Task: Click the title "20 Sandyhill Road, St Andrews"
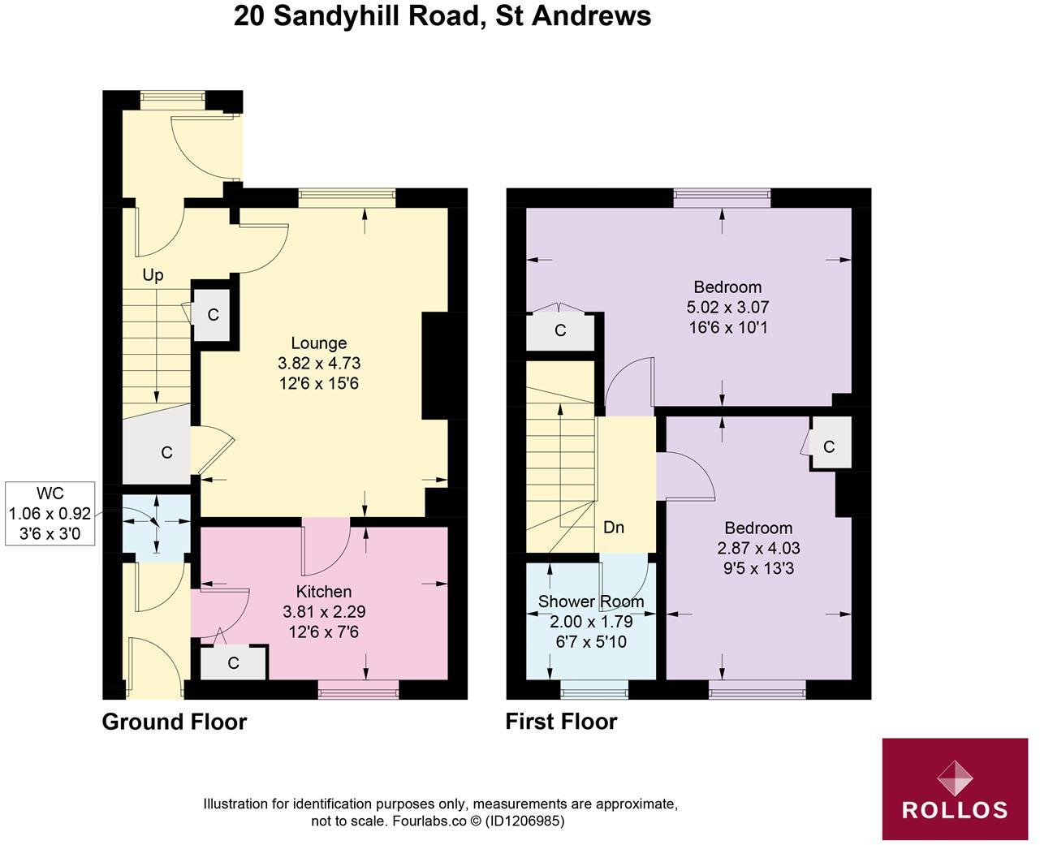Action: (442, 15)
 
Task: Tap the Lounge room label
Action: (319, 343)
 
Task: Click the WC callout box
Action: (50, 513)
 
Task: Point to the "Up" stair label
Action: (153, 275)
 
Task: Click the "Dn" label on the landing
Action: (614, 527)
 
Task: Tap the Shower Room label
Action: (591, 601)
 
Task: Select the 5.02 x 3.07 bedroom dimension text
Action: (727, 308)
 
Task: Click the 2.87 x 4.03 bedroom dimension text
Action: (759, 548)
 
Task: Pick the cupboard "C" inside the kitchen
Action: (234, 663)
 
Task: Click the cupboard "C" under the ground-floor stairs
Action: (166, 452)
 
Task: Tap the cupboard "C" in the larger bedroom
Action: (560, 331)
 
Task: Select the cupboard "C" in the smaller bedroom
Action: (829, 446)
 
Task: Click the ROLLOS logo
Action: (955, 789)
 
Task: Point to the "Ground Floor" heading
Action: (174, 722)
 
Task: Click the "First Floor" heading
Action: (561, 722)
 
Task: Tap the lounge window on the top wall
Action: (347, 193)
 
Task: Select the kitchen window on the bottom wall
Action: (358, 692)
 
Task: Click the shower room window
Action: (594, 692)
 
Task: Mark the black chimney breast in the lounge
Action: (435, 365)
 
